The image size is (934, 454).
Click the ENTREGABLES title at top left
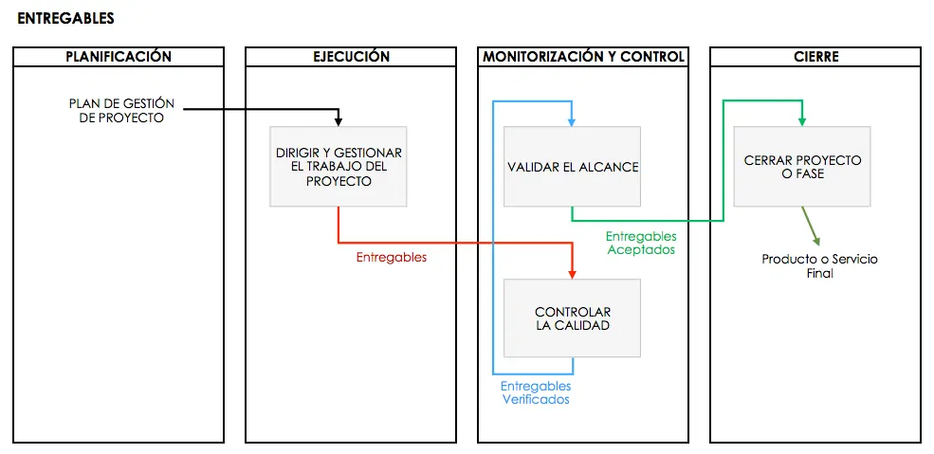65,18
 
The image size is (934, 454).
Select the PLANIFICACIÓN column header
119,57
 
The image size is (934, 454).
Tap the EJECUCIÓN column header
351,57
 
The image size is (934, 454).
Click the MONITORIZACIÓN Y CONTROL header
583,57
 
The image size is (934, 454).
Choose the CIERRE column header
815,57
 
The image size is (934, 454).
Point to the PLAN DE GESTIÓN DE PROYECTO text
121,111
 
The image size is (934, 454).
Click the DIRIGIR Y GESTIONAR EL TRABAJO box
339,167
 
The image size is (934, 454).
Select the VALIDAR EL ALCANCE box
573,167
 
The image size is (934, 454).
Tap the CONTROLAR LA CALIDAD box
573,318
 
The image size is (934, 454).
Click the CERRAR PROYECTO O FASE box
802,167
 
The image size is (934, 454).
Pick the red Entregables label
391,257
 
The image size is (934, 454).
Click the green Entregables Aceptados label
641,243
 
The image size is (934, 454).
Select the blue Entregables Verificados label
536,392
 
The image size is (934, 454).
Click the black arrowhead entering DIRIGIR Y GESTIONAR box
339,121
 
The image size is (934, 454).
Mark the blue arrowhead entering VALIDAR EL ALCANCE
572,121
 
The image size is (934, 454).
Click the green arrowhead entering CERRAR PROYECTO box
802,121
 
